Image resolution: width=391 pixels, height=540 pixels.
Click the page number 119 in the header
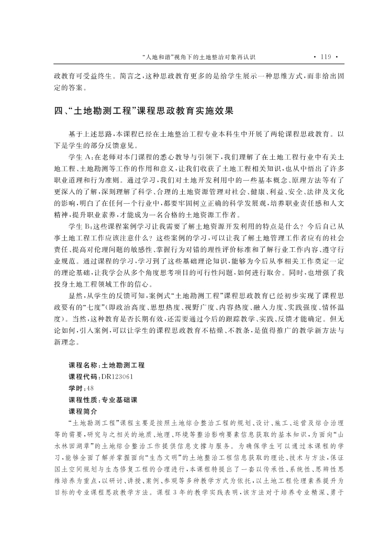[326, 56]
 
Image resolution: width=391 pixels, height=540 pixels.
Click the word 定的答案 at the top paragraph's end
[69, 87]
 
